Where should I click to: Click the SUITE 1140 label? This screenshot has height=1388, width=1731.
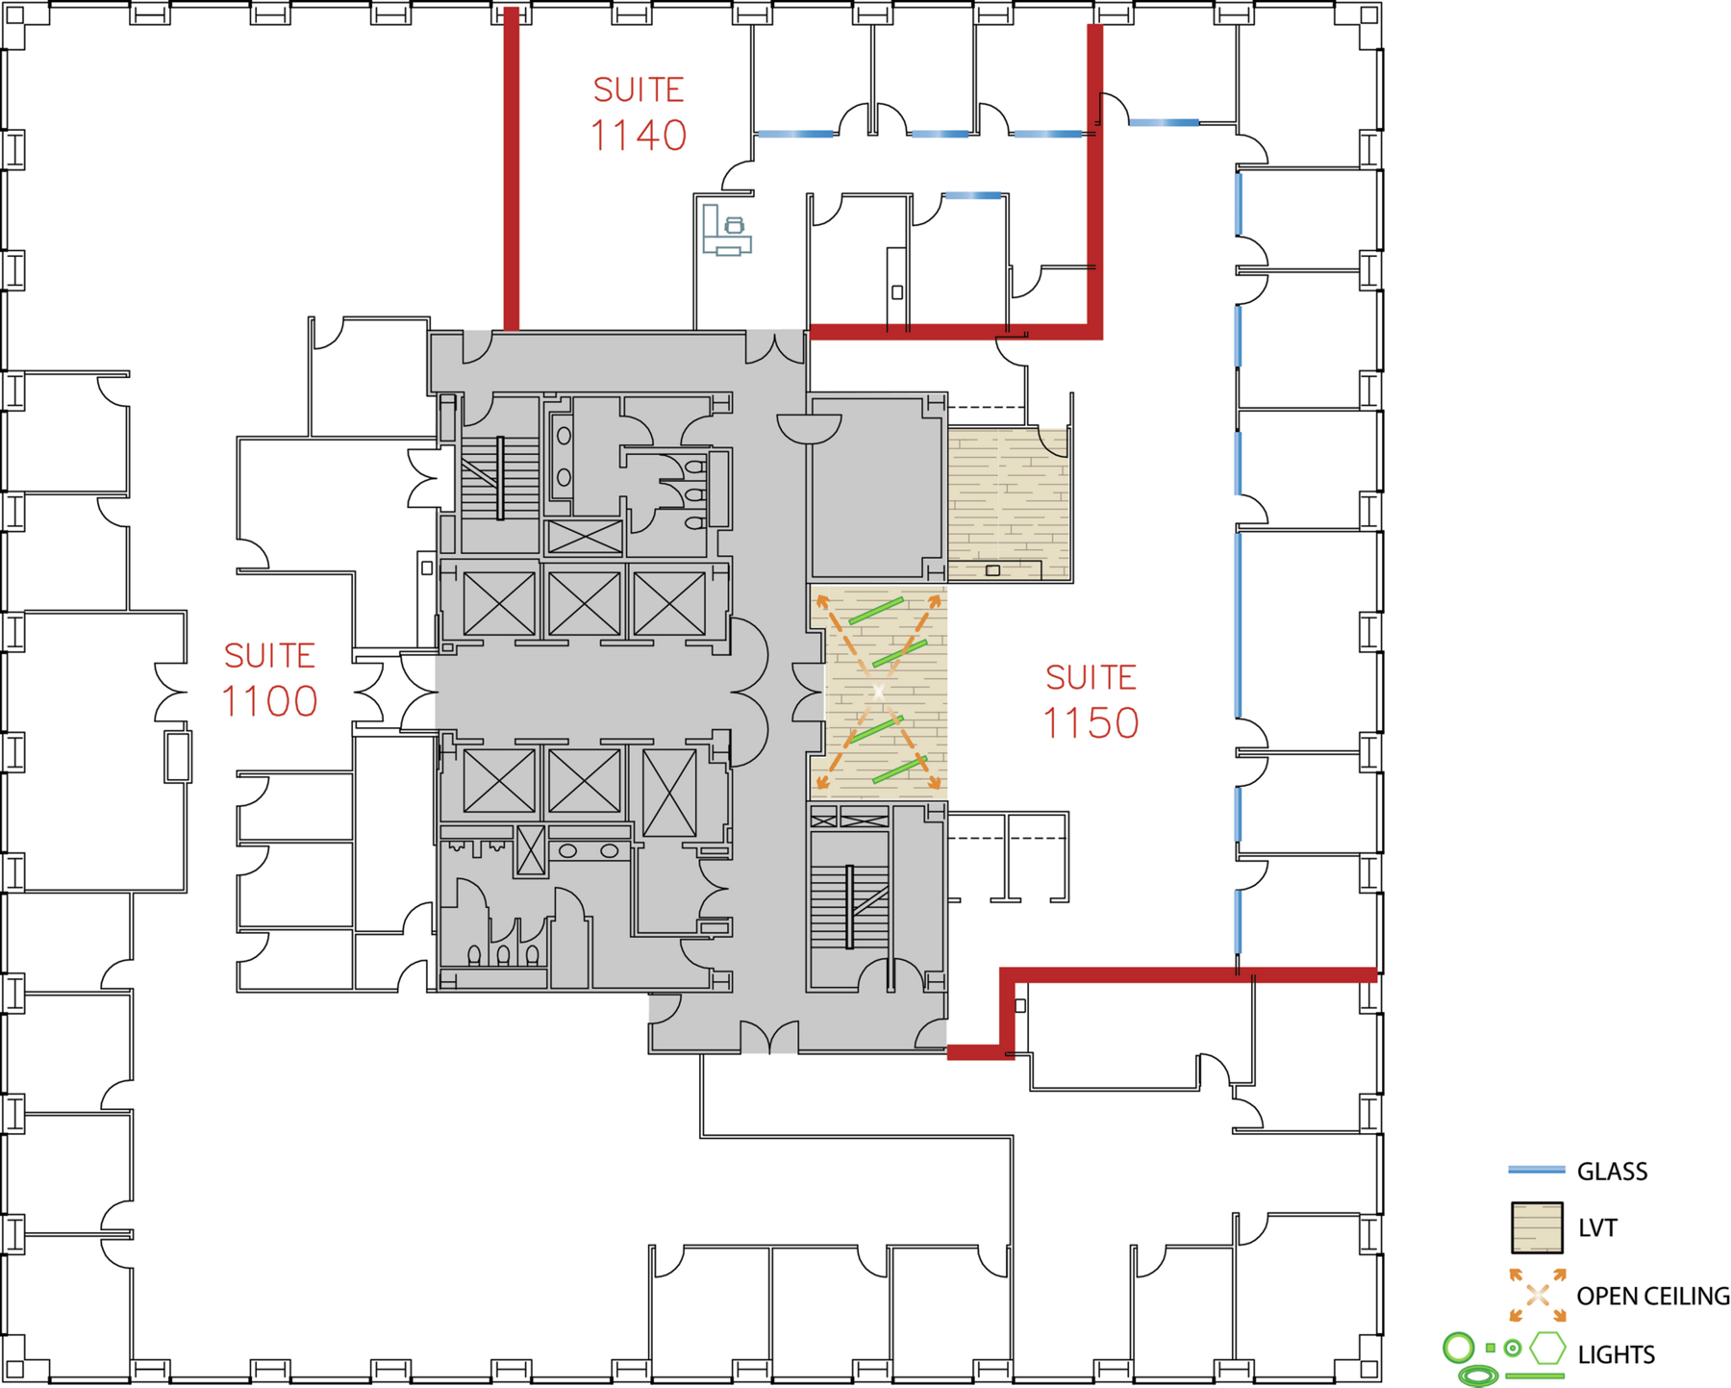point(639,114)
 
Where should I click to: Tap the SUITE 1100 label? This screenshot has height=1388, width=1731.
point(269,680)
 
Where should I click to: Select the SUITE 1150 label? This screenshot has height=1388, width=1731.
point(1091,702)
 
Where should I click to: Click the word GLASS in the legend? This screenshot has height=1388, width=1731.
point(1613,1172)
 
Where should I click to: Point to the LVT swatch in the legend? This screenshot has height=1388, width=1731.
point(1537,1227)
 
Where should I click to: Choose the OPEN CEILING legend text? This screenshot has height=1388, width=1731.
point(1653,1297)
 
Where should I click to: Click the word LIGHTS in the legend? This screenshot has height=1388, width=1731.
point(1617,1354)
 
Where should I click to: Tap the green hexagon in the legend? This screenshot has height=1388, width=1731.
point(1547,1348)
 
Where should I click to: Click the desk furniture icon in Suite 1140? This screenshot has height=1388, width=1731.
point(726,230)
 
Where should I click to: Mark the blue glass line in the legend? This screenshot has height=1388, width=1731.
point(1537,1171)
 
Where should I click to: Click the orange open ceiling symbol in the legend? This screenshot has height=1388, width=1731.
point(1537,1296)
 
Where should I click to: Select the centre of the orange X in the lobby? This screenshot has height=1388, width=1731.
point(878,693)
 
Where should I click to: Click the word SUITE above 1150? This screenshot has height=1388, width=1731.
point(1091,677)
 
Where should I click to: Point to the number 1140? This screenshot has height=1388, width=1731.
point(639,136)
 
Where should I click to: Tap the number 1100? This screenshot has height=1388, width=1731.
point(269,702)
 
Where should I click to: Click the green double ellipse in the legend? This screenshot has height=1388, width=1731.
point(1478,1376)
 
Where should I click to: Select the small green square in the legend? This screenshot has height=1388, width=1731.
point(1491,1348)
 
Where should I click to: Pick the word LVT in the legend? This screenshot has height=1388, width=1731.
point(1597,1228)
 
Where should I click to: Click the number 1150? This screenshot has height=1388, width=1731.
point(1091,724)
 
